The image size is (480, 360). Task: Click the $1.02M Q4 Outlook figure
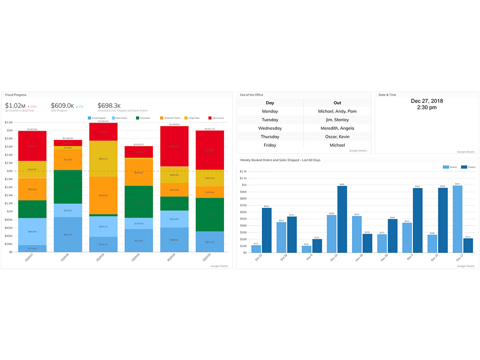coord(14,106)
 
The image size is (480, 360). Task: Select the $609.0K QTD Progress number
coord(62,106)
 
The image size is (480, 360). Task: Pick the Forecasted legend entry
coord(143,118)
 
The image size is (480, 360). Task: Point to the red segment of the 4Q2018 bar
coord(174,146)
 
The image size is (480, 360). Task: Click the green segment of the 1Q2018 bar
coord(68,187)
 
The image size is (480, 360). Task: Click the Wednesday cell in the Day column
coord(270,128)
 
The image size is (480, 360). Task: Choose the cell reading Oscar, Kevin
coord(337,137)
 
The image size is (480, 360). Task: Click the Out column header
coord(337,103)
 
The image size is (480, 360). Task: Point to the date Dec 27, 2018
coord(427,101)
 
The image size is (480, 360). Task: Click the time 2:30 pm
coord(427,108)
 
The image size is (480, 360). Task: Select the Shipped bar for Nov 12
coord(342,219)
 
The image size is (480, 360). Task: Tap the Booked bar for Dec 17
coord(457,219)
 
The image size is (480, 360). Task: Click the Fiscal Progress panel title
coord(16,95)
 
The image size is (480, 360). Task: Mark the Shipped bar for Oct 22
coord(267,230)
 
